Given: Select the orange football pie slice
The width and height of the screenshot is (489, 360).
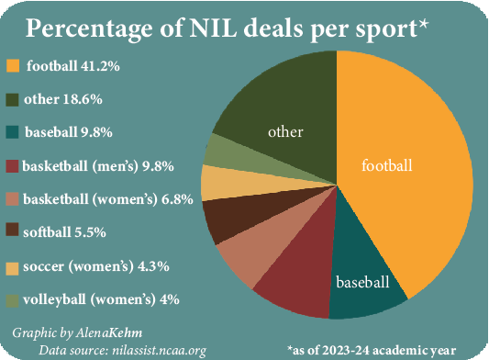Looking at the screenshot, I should pos(404,174).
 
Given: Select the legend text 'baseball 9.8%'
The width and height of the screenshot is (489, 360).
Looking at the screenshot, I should pos(70,132).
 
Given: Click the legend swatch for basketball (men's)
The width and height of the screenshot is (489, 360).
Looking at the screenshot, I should pos(12,166).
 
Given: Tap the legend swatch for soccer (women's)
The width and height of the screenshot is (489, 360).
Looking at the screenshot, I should pos(12,265).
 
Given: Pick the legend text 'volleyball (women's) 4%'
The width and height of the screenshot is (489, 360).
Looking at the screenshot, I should pos(102,298).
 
